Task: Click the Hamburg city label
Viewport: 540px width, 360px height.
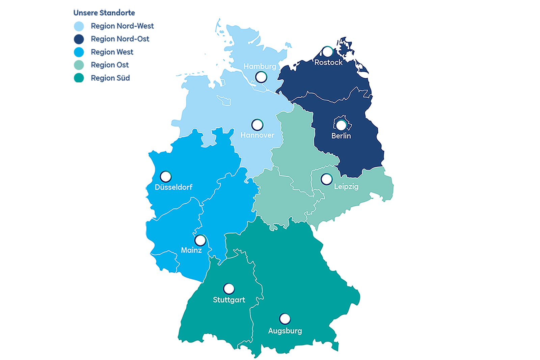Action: pyautogui.click(x=260, y=67)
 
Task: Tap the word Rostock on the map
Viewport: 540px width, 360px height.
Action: pyautogui.click(x=328, y=62)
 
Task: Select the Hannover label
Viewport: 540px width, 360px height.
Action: pyautogui.click(x=257, y=135)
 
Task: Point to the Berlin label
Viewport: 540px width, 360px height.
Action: pyautogui.click(x=341, y=136)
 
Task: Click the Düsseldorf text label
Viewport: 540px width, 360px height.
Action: pyautogui.click(x=173, y=187)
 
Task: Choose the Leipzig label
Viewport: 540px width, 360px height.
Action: pyautogui.click(x=346, y=186)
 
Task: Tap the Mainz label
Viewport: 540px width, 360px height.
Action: pyautogui.click(x=191, y=250)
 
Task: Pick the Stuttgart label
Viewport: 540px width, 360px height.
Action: pyautogui.click(x=229, y=300)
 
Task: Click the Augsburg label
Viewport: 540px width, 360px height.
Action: pyautogui.click(x=285, y=331)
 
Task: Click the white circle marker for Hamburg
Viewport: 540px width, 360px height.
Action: pyautogui.click(x=261, y=77)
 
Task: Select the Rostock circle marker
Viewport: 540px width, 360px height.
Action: pyautogui.click(x=327, y=52)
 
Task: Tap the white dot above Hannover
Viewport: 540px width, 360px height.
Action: pyautogui.click(x=257, y=125)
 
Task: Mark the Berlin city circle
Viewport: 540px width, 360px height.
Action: pyautogui.click(x=341, y=125)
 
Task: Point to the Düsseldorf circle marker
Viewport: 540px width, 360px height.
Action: pyautogui.click(x=165, y=177)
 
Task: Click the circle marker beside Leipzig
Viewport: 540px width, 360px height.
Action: pyautogui.click(x=326, y=179)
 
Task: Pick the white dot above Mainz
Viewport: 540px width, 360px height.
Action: pyautogui.click(x=200, y=240)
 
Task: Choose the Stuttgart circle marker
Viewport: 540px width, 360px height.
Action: pyautogui.click(x=229, y=289)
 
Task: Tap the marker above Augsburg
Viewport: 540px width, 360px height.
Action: pyautogui.click(x=285, y=319)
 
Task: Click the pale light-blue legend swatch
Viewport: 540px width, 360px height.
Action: pyautogui.click(x=80, y=26)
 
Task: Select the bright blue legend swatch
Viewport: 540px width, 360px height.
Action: pyautogui.click(x=80, y=52)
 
